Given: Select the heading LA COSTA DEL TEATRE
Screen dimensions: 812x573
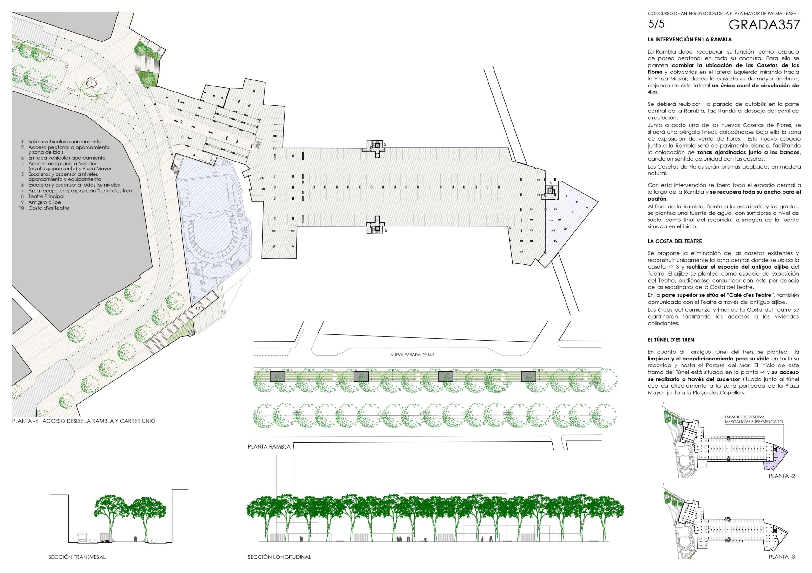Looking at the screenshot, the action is (674, 241).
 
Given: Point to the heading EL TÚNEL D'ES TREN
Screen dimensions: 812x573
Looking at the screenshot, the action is (671, 340).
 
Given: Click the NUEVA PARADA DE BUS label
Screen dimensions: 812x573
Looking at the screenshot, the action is (412, 355).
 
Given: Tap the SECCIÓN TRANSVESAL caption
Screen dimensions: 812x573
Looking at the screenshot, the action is (77, 557).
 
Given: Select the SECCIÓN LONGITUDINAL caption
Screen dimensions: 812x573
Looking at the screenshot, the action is (279, 557).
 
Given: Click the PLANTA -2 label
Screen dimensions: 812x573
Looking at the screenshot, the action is (782, 476).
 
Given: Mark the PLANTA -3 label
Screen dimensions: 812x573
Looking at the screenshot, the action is (782, 557).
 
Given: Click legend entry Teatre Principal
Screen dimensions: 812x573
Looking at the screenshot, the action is (46, 196).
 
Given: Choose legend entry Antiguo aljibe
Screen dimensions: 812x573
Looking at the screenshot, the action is (44, 202).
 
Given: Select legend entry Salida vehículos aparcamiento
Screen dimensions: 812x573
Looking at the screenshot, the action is (65, 142).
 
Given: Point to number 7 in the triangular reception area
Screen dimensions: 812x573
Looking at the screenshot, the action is (573, 213).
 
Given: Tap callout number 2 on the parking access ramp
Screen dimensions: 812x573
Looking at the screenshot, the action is (181, 122).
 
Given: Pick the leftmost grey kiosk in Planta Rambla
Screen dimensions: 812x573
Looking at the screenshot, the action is (278, 377).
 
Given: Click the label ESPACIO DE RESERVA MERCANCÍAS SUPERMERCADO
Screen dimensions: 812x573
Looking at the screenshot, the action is (754, 419).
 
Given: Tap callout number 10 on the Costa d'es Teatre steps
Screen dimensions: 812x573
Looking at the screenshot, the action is (198, 308).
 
